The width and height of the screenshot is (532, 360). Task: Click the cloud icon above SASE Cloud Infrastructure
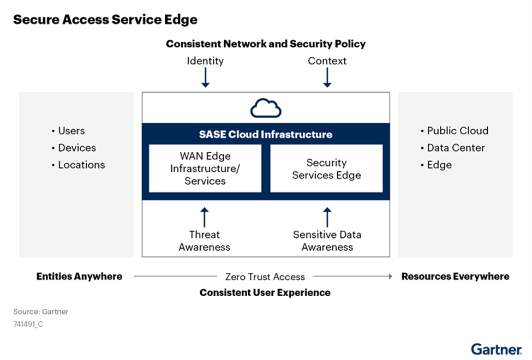click(266, 108)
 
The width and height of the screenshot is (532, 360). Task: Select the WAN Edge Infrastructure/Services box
click(205, 169)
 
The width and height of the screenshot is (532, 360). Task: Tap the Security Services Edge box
click(326, 169)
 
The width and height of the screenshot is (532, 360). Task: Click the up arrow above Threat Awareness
click(205, 217)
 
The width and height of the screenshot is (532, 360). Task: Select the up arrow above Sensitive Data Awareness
click(327, 217)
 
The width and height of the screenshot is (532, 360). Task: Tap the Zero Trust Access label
click(265, 277)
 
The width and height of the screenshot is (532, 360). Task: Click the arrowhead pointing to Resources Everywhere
click(390, 277)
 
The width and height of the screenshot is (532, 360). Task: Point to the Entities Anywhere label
click(80, 277)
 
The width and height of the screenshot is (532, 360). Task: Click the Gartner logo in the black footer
click(496, 350)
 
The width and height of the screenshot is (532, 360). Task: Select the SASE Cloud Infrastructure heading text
click(265, 134)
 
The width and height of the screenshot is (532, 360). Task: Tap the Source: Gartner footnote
click(41, 312)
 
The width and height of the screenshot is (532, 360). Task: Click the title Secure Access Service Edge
click(105, 20)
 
